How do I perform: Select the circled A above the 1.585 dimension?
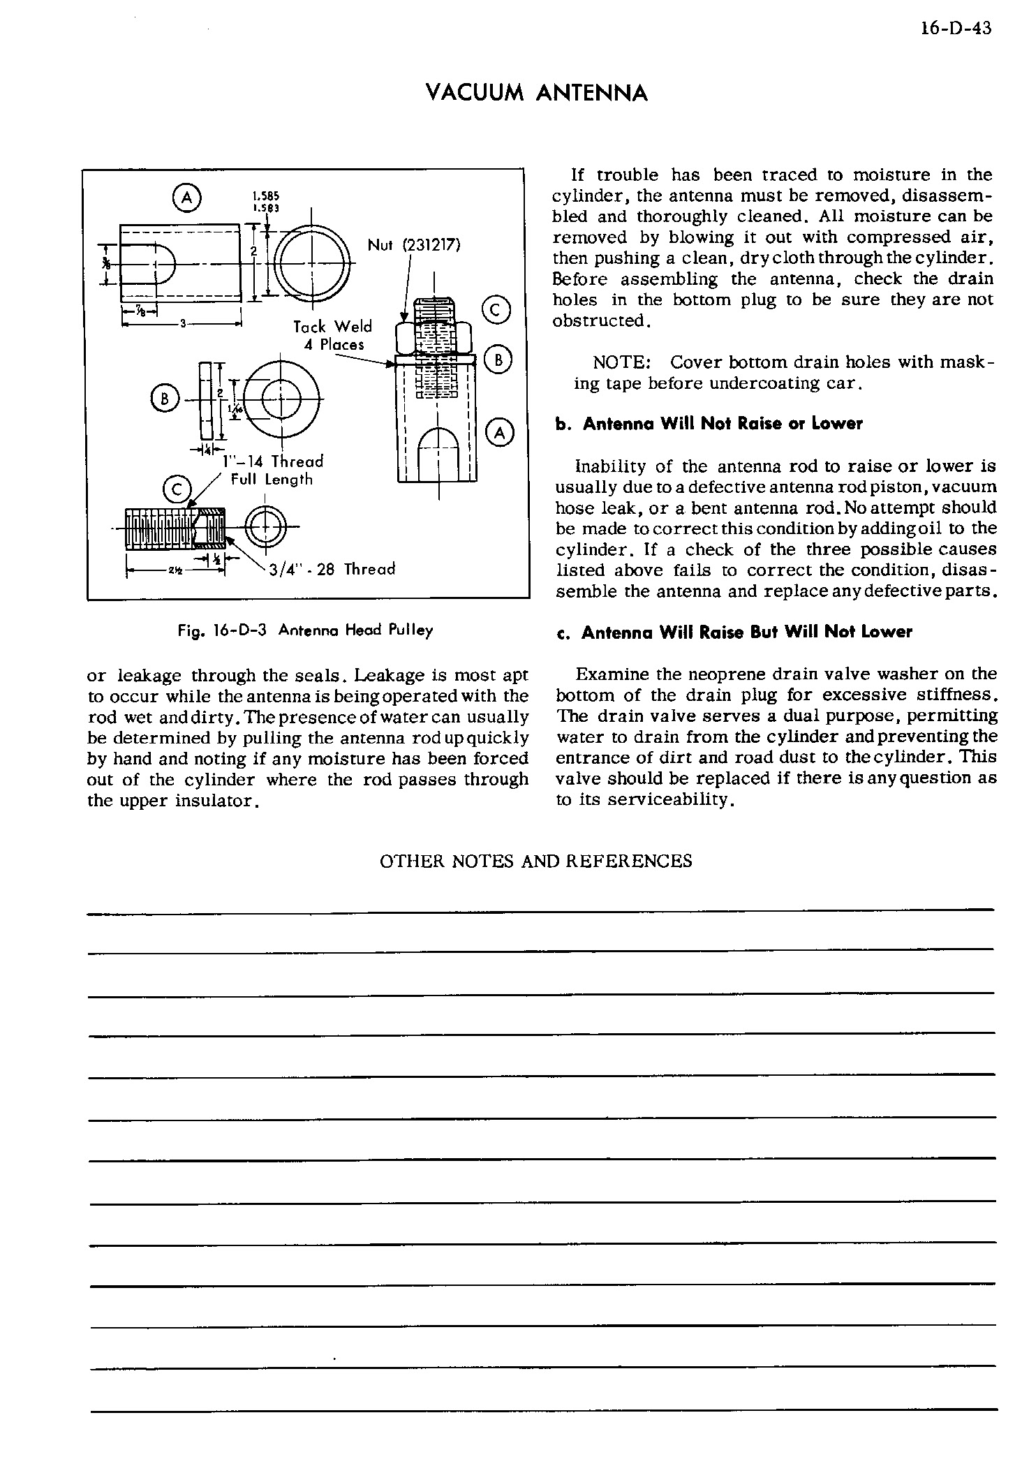[x=186, y=198]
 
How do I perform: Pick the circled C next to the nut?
[x=495, y=309]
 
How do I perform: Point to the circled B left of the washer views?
[x=165, y=399]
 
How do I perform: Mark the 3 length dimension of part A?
[x=182, y=324]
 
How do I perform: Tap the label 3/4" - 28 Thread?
[x=332, y=569]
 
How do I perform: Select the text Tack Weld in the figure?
[x=332, y=327]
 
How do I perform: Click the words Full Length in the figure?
[x=272, y=480]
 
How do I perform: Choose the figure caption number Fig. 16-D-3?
[x=224, y=630]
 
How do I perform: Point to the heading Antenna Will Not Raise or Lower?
[x=723, y=424]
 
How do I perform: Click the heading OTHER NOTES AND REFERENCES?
[x=535, y=861]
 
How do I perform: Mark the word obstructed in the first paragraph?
[x=600, y=321]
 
